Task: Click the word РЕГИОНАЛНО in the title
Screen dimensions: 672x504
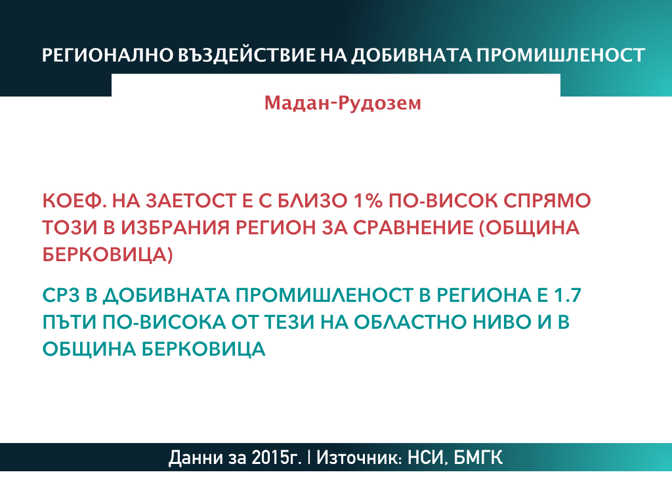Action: tap(107, 56)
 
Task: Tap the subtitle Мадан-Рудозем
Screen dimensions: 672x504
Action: tap(343, 103)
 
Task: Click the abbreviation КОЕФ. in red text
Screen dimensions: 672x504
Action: tap(75, 201)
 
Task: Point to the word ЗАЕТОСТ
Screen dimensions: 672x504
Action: tap(192, 201)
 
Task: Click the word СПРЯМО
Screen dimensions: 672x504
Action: tap(547, 201)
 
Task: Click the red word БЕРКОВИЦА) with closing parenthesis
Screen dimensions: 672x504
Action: tap(108, 255)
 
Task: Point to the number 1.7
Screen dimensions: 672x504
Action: tap(568, 295)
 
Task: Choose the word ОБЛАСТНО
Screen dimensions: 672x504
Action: tap(410, 322)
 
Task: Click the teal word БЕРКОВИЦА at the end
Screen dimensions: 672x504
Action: tap(203, 349)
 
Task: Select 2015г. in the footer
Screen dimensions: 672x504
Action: tap(276, 457)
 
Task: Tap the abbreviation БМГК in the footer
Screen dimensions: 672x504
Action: tap(478, 457)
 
